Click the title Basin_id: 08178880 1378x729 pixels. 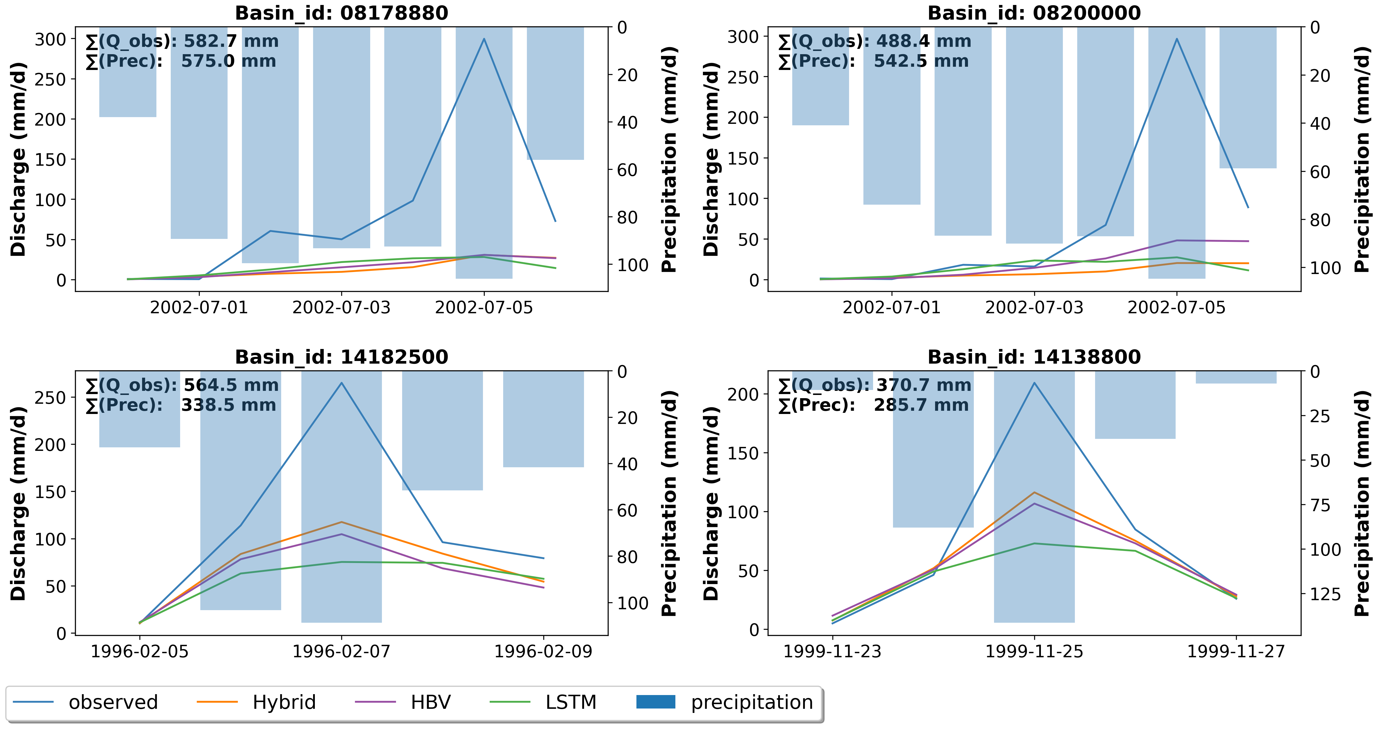click(x=341, y=13)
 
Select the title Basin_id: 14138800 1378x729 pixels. click(x=1034, y=357)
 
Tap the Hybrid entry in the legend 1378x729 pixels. click(x=284, y=702)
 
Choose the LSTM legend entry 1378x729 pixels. click(x=570, y=702)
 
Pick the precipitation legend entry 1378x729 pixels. click(x=752, y=702)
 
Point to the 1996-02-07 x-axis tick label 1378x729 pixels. click(x=341, y=651)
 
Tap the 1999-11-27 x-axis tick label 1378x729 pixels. click(x=1236, y=651)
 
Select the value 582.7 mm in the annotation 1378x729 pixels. click(x=231, y=41)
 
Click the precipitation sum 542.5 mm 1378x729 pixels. click(x=921, y=61)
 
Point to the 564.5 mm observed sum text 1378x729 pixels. click(x=231, y=385)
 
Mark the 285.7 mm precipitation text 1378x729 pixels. click(x=921, y=405)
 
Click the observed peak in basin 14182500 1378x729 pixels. click(x=341, y=383)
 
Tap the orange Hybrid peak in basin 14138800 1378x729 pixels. click(x=1034, y=492)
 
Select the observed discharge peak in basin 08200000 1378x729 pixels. click(x=1176, y=39)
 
